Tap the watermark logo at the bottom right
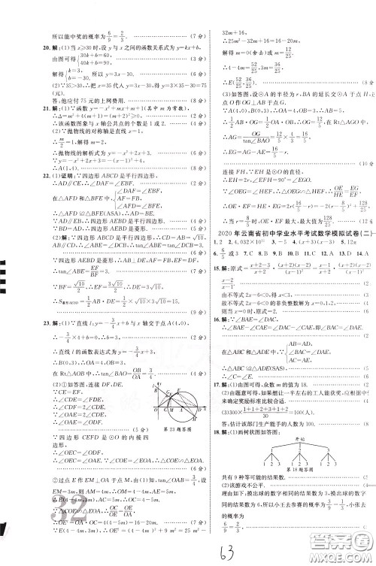pyautogui.click(x=342, y=546)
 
